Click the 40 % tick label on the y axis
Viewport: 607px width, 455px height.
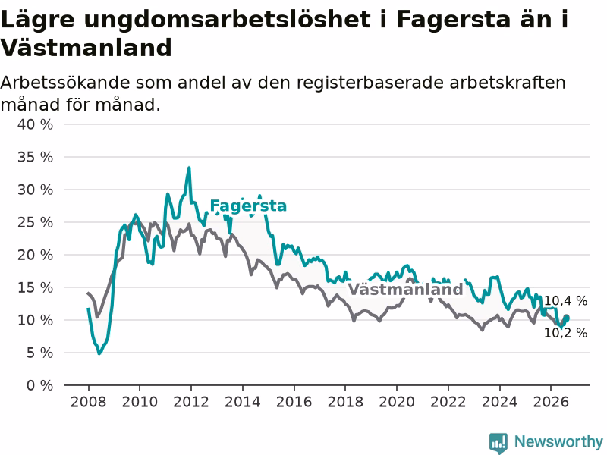(x=35, y=124)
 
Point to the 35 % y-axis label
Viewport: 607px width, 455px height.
(x=35, y=157)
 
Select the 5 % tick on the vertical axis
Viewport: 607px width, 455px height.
(x=40, y=353)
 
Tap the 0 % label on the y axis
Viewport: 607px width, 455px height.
(x=40, y=385)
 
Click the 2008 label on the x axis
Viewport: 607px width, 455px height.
(x=88, y=402)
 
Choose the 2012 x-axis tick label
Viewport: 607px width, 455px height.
(x=191, y=402)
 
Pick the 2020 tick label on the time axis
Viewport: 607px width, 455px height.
(x=397, y=402)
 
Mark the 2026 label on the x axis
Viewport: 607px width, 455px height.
(x=551, y=402)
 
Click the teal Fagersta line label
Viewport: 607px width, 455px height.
(x=248, y=206)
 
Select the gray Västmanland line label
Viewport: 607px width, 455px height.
(x=405, y=290)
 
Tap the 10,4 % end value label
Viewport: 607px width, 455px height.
(x=565, y=300)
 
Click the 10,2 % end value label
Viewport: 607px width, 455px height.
(x=565, y=333)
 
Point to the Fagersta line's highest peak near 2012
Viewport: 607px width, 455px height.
(x=189, y=168)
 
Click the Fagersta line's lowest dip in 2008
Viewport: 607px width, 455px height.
(x=99, y=353)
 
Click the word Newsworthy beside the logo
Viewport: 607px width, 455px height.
(x=558, y=441)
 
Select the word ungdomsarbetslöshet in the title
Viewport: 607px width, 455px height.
(x=227, y=20)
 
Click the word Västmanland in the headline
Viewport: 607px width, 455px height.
(x=86, y=48)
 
